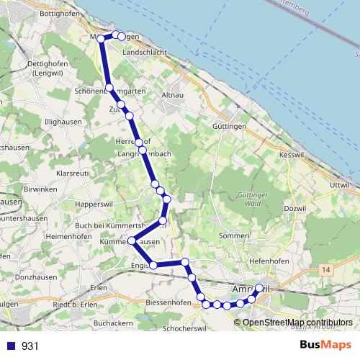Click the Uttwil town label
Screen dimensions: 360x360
339,185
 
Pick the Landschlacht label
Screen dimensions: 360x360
145,53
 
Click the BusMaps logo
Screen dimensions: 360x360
325,345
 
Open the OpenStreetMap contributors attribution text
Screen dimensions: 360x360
297,322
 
